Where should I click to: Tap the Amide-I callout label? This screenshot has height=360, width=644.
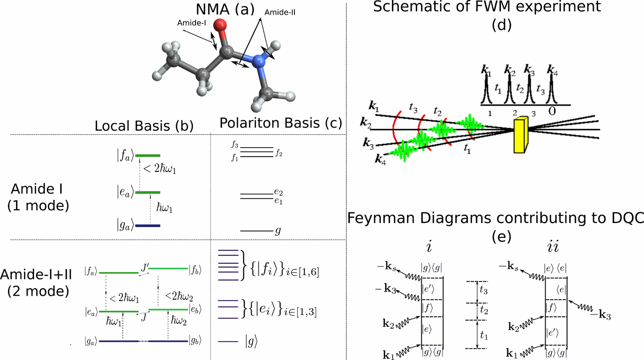point(189,22)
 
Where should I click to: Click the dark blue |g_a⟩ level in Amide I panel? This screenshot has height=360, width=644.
point(147,226)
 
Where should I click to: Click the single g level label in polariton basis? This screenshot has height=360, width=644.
point(277,231)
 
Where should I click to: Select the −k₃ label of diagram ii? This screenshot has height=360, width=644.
point(601,315)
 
